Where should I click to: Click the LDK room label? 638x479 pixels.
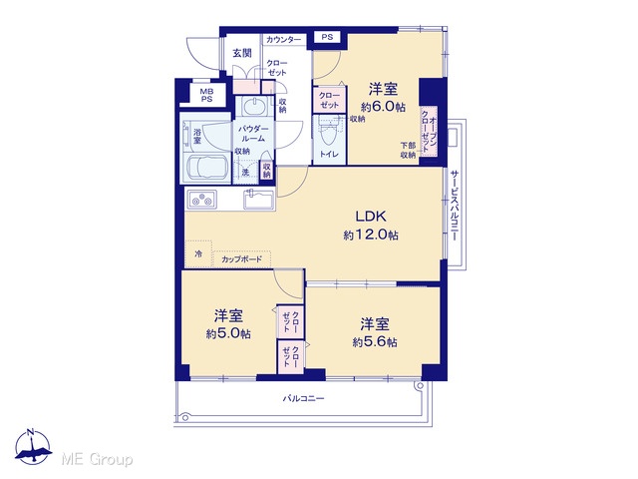tap(371, 217)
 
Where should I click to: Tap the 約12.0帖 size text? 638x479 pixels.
tap(371, 236)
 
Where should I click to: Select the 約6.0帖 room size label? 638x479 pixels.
tap(383, 107)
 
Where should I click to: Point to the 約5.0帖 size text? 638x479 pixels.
tap(228, 334)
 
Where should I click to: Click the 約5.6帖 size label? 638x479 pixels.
tap(375, 342)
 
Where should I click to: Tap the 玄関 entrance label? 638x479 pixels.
tap(241, 53)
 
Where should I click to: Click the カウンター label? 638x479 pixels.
tap(283, 40)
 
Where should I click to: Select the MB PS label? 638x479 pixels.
tap(206, 96)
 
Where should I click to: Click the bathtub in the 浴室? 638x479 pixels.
tap(205, 167)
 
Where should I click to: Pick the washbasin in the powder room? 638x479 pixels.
tap(254, 107)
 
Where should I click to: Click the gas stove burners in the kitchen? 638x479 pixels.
tap(202, 200)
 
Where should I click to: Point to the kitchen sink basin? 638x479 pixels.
tap(258, 200)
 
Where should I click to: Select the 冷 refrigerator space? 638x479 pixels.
tap(198, 254)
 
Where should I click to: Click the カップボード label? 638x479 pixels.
tap(241, 259)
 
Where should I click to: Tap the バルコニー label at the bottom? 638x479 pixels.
tap(303, 398)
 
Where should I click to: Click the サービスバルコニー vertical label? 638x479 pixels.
tap(455, 206)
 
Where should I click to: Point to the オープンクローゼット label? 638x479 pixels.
tap(429, 131)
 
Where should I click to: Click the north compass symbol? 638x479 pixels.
tap(32, 447)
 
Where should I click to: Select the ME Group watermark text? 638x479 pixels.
tap(97, 459)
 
